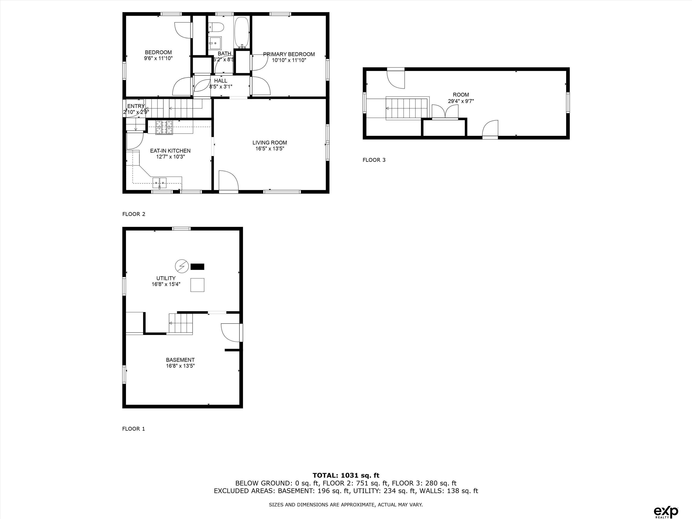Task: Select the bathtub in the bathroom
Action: pyautogui.click(x=242, y=32)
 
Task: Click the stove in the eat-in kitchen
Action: pyautogui.click(x=164, y=128)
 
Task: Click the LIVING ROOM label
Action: pyautogui.click(x=270, y=143)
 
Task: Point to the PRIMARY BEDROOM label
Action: pyautogui.click(x=289, y=54)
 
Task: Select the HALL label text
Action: pyautogui.click(x=221, y=81)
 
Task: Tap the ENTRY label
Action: pyautogui.click(x=136, y=106)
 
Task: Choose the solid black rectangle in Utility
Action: pyautogui.click(x=197, y=266)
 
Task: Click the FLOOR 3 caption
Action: pyautogui.click(x=374, y=160)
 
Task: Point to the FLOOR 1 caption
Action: pyautogui.click(x=134, y=429)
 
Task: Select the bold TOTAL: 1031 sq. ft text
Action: pyautogui.click(x=346, y=476)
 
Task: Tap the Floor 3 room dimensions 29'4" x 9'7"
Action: pyautogui.click(x=461, y=101)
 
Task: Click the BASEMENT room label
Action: pyautogui.click(x=180, y=360)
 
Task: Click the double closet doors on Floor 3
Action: pyautogui.click(x=445, y=111)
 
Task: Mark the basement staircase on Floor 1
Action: pyautogui.click(x=181, y=323)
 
